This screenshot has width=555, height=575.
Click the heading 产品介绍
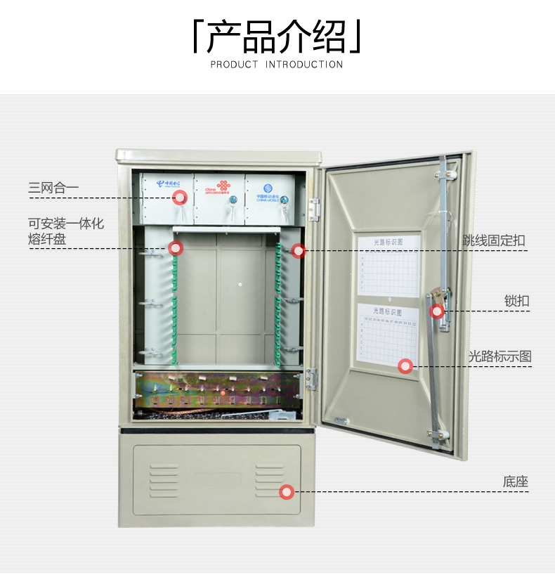277,37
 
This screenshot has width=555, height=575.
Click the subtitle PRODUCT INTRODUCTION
277,65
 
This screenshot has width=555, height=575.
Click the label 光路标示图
499,356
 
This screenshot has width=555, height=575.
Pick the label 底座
515,482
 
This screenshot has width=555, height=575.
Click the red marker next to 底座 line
287,492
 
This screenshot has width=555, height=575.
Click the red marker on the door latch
437,310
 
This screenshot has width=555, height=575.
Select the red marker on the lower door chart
405,366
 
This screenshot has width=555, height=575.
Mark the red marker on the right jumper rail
298,250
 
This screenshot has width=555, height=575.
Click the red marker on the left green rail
176,247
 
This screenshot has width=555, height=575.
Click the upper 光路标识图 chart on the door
388,264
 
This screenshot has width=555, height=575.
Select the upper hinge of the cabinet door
314,209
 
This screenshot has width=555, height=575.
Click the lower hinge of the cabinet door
313,379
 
